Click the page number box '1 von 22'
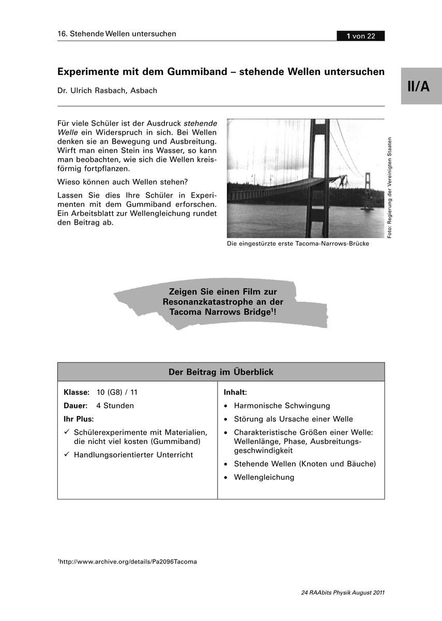tap(360, 36)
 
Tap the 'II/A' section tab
tap(418, 86)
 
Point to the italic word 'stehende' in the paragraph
tap(201, 123)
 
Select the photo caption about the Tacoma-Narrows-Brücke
tap(298, 243)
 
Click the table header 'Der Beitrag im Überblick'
tap(221, 372)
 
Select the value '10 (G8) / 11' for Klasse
tap(117, 392)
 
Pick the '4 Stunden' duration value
tap(115, 406)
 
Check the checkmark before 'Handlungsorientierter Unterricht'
tap(67, 454)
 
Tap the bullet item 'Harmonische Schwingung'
tap(282, 406)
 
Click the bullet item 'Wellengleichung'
tap(264, 477)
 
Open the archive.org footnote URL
tap(128, 561)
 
